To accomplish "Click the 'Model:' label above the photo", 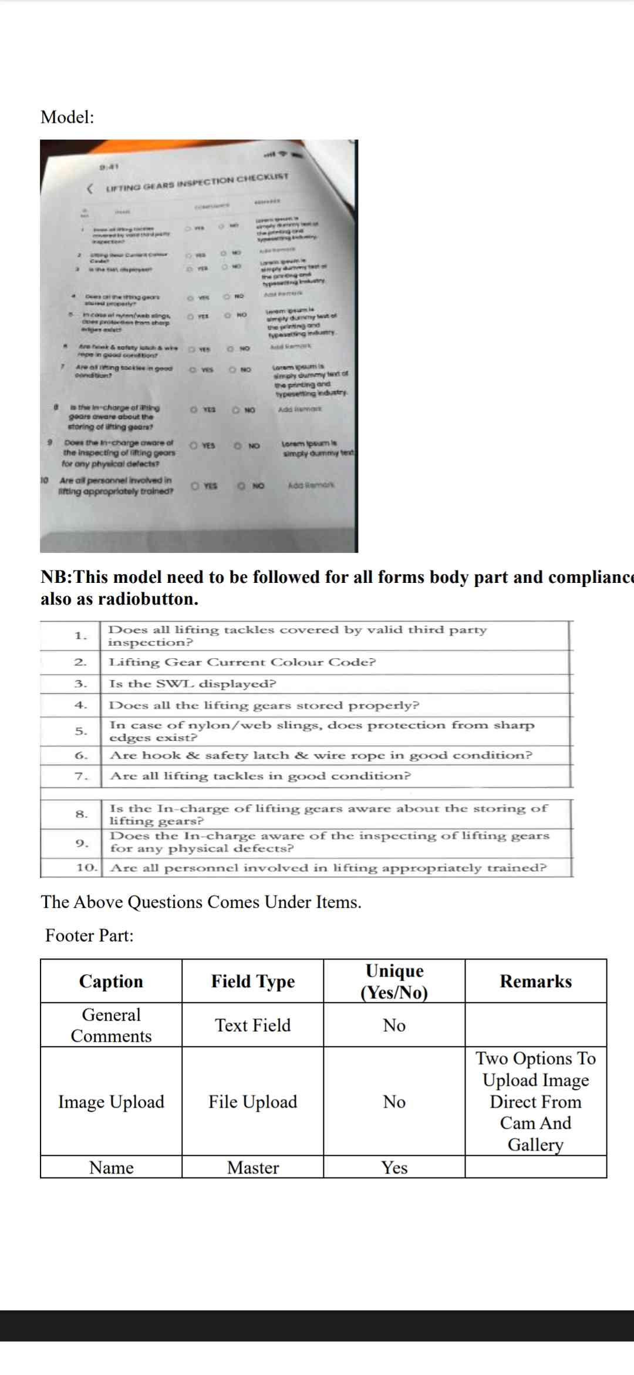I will pyautogui.click(x=67, y=117).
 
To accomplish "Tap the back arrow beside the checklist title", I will pyautogui.click(x=90, y=189).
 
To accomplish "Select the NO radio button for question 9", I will pyautogui.click(x=238, y=446).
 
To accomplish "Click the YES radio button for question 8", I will pyautogui.click(x=193, y=410).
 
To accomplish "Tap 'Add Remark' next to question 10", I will pyautogui.click(x=311, y=485).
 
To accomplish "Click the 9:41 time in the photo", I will pyautogui.click(x=109, y=167).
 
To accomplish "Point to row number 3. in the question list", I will pyautogui.click(x=80, y=684).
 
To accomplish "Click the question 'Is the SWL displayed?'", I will pyautogui.click(x=193, y=684).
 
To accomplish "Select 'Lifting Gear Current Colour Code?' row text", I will pyautogui.click(x=242, y=662).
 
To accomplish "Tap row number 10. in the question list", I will pyautogui.click(x=86, y=867).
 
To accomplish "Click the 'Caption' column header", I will pyautogui.click(x=111, y=981).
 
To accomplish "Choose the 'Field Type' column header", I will pyautogui.click(x=253, y=981).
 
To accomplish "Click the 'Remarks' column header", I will pyautogui.click(x=535, y=981).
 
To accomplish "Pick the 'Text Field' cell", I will pyautogui.click(x=253, y=1025).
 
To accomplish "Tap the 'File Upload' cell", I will pyautogui.click(x=253, y=1102).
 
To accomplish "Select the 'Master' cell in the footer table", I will pyautogui.click(x=253, y=1168).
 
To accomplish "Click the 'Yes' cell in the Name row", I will pyautogui.click(x=394, y=1168).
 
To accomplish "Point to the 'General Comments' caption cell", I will pyautogui.click(x=111, y=1025).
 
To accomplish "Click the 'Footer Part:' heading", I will pyautogui.click(x=90, y=935).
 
